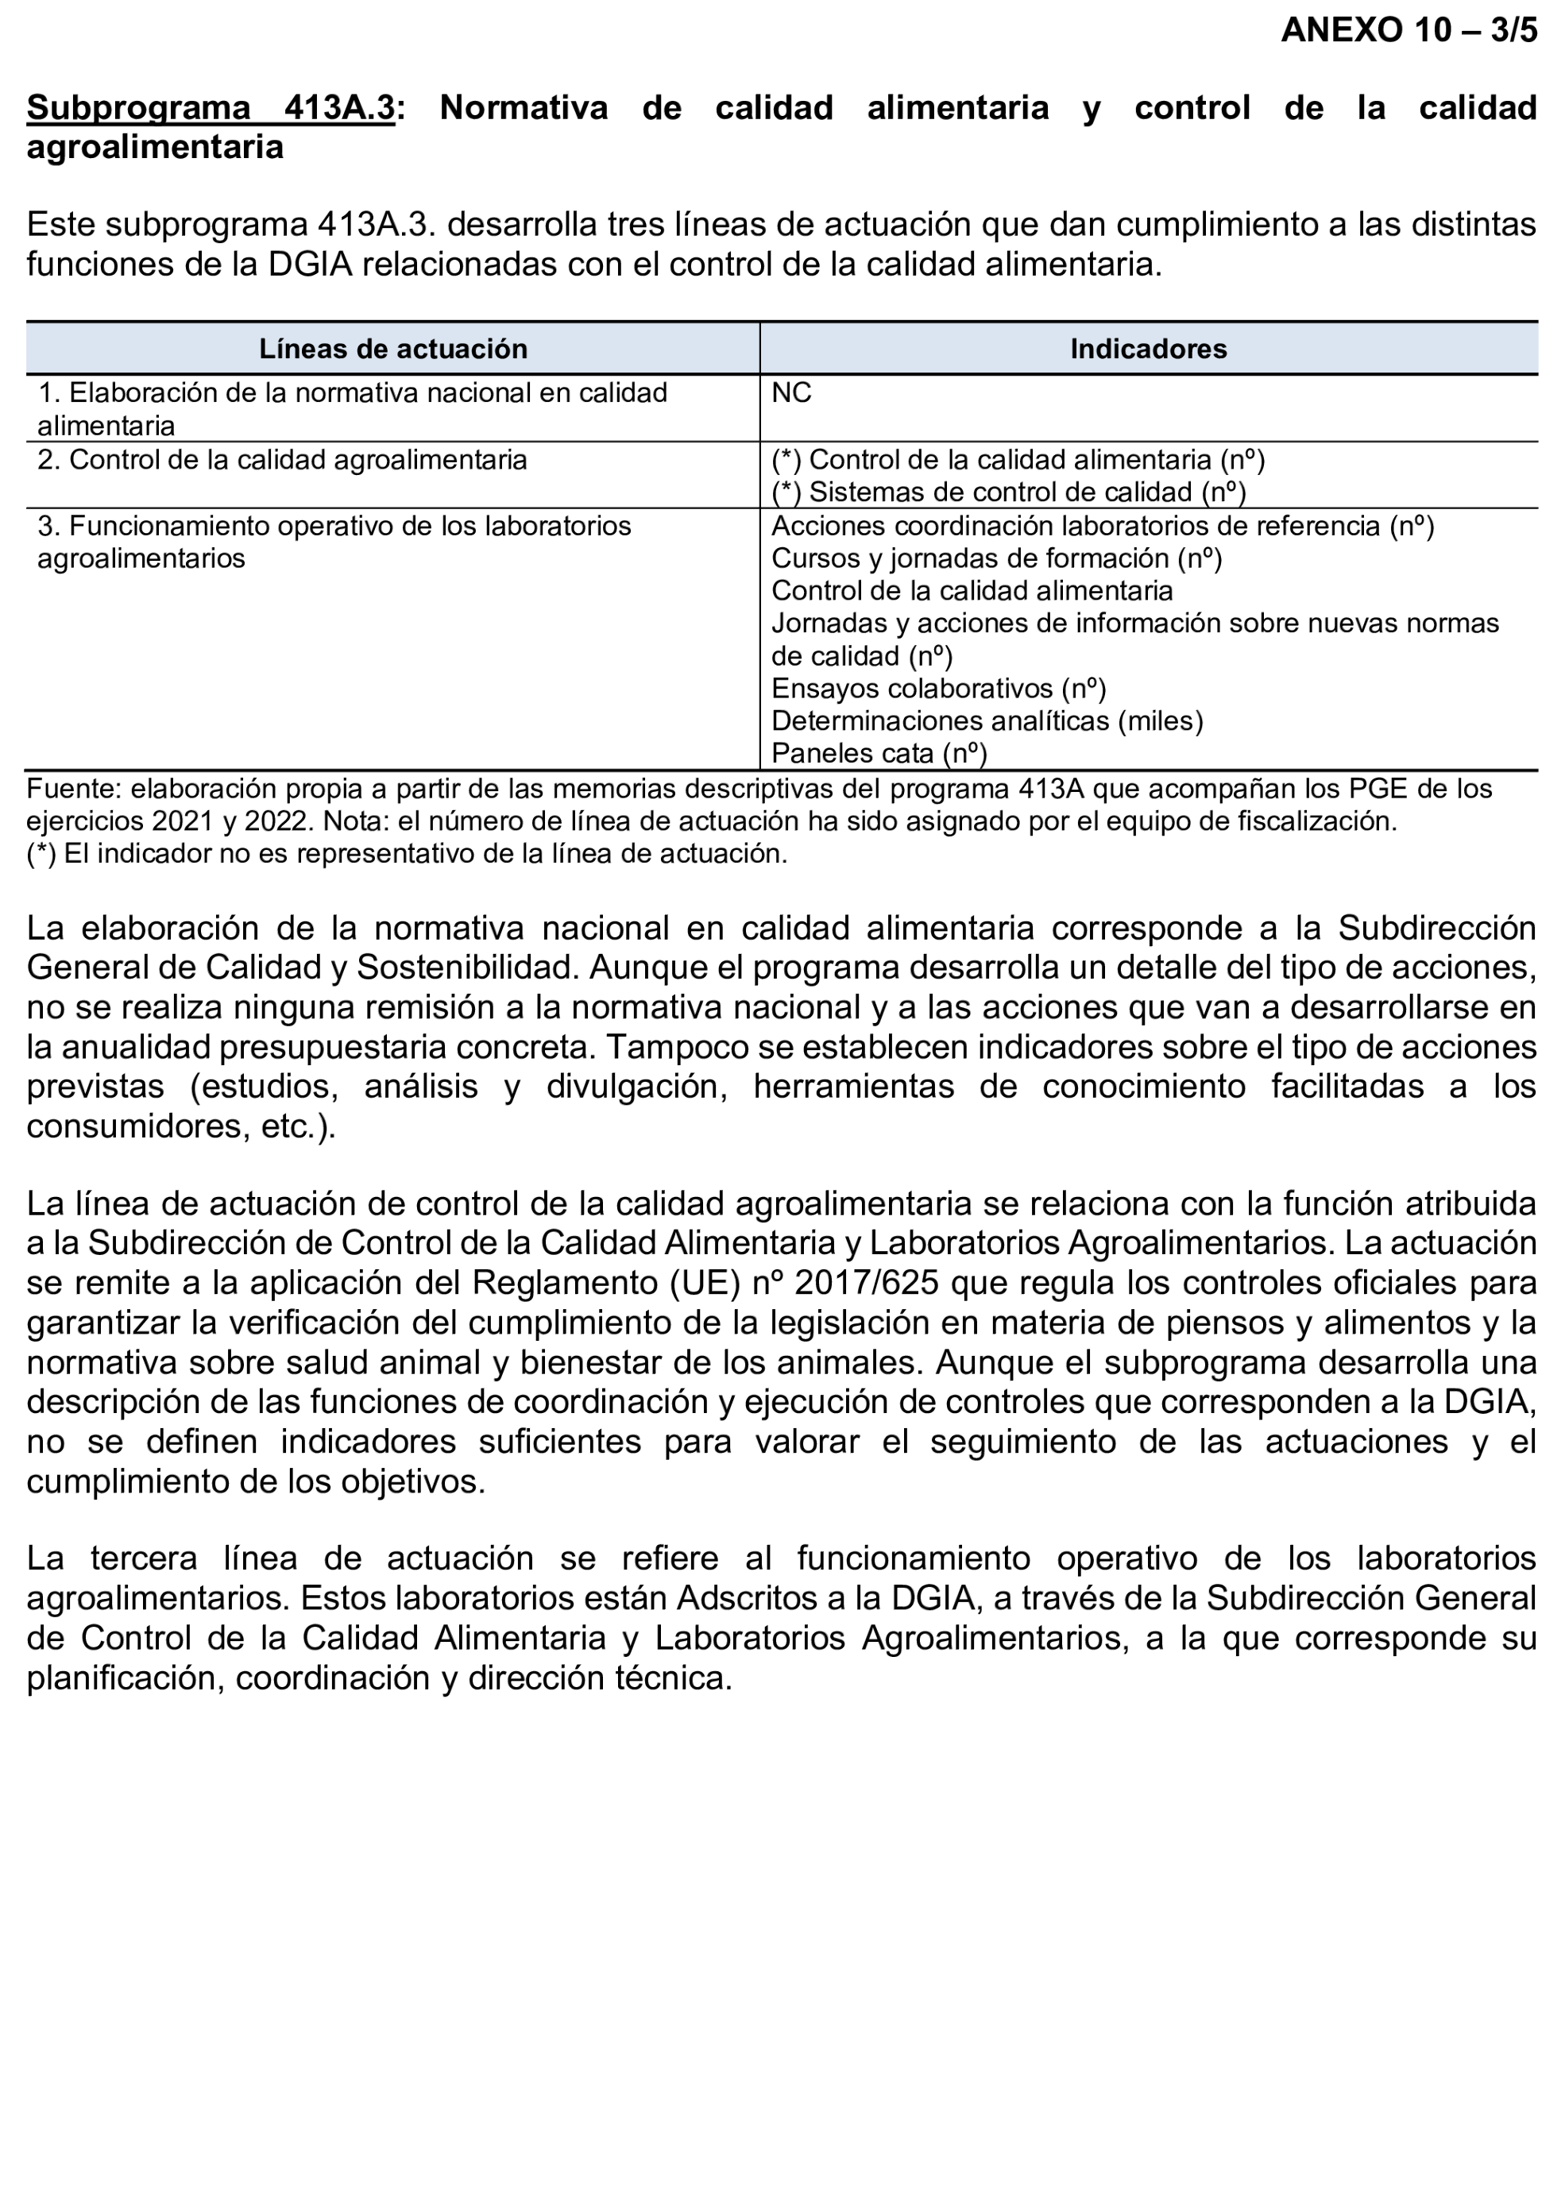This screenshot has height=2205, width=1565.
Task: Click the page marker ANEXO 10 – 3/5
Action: coord(1408,31)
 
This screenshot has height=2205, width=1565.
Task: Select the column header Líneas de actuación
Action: coord(392,349)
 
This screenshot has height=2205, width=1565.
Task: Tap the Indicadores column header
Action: coord(1148,349)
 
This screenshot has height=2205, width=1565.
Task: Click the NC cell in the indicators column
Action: coord(791,393)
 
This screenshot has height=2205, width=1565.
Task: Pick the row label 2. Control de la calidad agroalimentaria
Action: coord(282,461)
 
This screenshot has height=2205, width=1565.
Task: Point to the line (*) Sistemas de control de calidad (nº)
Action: coord(1008,492)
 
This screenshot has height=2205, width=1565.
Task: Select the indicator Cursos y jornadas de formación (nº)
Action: coord(996,558)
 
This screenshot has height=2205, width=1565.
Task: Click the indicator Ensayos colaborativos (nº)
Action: coord(939,689)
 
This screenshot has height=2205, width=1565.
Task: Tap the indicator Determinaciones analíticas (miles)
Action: coord(987,721)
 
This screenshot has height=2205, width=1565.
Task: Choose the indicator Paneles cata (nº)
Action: coord(879,753)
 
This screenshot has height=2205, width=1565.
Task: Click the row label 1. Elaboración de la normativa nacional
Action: coord(352,394)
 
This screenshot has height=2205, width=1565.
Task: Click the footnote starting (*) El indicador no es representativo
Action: coord(406,854)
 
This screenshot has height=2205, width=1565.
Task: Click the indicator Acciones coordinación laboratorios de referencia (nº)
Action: coord(1103,526)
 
